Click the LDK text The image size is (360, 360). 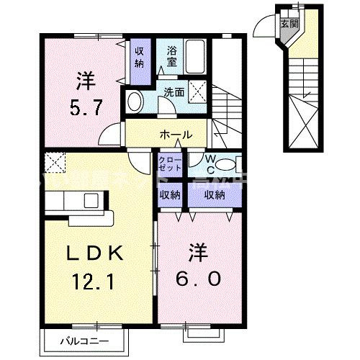point(97,253)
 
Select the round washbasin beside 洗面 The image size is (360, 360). point(133,103)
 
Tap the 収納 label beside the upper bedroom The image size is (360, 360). point(140,55)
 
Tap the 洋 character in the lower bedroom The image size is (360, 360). point(197,253)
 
